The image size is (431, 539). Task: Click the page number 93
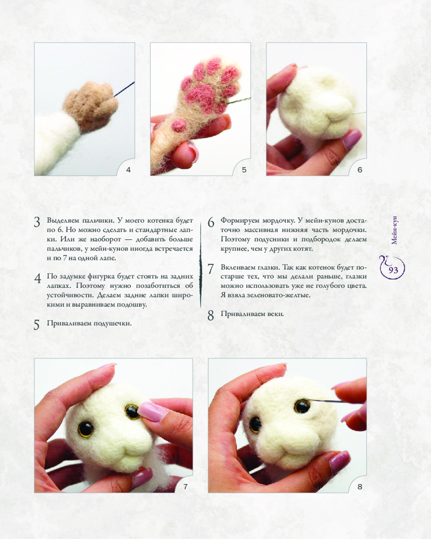[393, 270]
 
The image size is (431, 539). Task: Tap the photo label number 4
[128, 170]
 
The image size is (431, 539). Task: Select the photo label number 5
[244, 170]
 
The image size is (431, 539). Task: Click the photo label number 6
[360, 170]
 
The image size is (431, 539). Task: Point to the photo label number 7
[185, 486]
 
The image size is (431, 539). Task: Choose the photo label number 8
[360, 486]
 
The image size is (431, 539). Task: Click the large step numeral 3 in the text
[37, 223]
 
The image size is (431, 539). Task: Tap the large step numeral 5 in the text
[37, 325]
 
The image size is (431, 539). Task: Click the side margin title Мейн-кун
[394, 230]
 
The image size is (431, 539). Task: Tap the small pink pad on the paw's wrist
[179, 126]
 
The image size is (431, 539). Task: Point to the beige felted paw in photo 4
[91, 105]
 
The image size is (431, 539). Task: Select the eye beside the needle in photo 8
[302, 406]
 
